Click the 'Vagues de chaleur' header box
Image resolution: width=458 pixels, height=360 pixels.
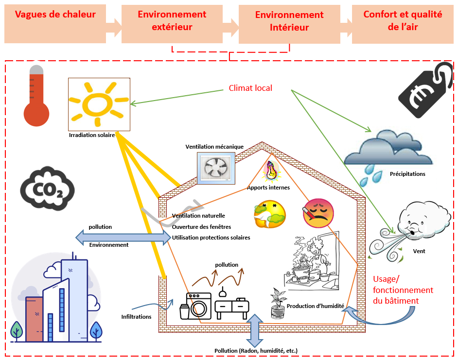[55, 21]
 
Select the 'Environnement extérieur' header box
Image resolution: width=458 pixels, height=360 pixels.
[172, 21]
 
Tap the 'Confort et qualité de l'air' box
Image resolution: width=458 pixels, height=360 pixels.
[403, 21]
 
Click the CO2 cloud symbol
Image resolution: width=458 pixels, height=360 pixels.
[47, 187]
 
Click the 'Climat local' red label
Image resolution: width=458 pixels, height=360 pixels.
[250, 88]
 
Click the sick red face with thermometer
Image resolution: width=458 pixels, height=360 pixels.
[318, 212]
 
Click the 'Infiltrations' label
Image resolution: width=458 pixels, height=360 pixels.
[136, 317]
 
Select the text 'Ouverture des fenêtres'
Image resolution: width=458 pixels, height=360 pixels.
[201, 227]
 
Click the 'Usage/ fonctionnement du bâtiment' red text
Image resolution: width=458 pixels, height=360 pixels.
[403, 290]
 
